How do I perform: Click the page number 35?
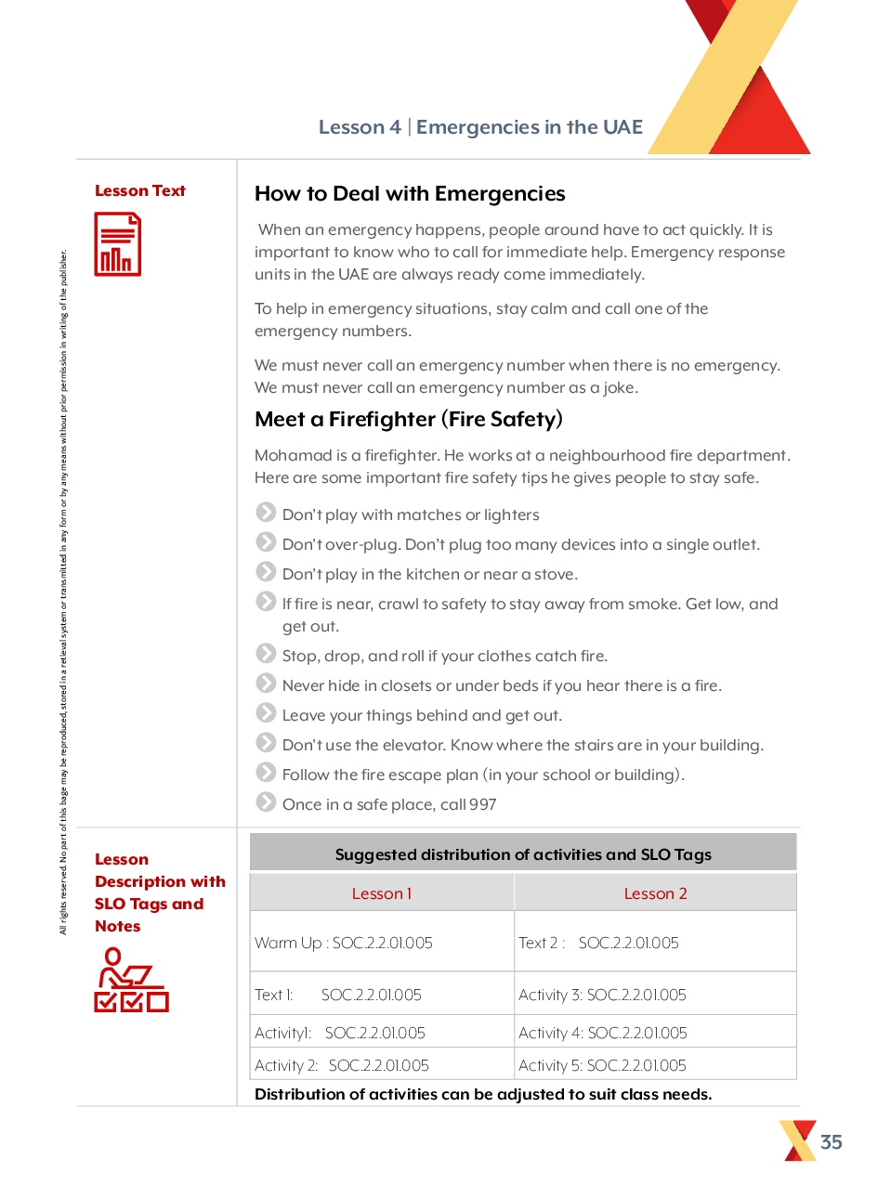click(831, 1141)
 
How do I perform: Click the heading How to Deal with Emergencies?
click(410, 194)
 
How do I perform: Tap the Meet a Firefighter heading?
click(409, 419)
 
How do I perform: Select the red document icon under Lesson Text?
click(118, 244)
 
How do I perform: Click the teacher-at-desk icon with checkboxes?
click(131, 980)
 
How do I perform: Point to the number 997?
click(483, 804)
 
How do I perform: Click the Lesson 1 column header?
click(382, 893)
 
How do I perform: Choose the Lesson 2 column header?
click(655, 893)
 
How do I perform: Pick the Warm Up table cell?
click(344, 943)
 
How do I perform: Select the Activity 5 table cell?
click(602, 1065)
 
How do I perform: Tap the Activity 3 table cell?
click(602, 995)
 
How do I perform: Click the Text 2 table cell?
click(598, 943)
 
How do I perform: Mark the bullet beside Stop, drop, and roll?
click(266, 654)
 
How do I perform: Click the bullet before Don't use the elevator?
click(266, 743)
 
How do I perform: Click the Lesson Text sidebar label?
click(140, 190)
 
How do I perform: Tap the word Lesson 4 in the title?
click(360, 127)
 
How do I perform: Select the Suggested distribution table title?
click(523, 854)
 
